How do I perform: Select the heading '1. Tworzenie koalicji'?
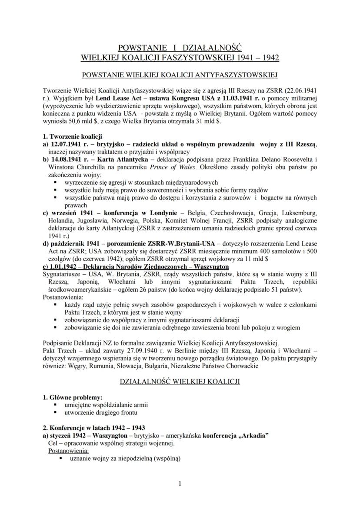coord(73,136)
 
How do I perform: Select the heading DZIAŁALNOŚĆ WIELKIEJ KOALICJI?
coord(180,382)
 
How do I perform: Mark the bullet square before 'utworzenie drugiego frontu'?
coord(56,412)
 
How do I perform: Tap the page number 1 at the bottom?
coord(180,483)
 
